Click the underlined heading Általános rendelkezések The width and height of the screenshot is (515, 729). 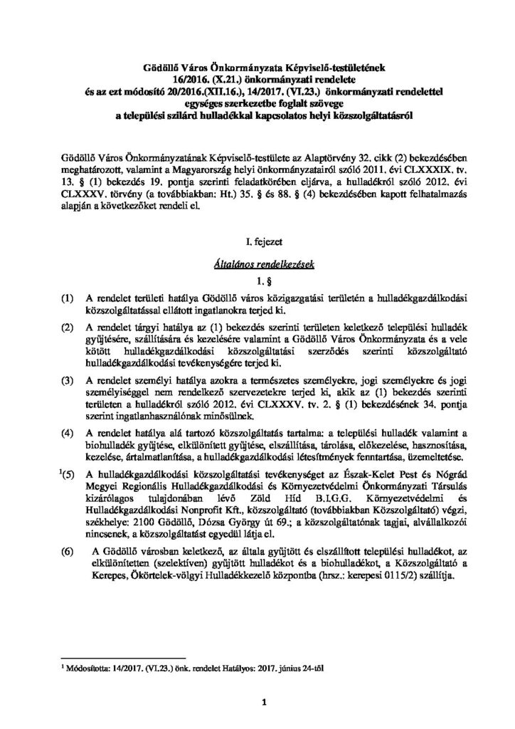click(x=257, y=263)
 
